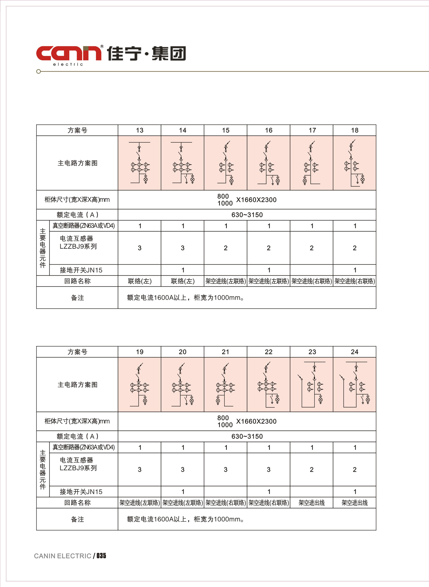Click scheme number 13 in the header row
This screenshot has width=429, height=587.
pyautogui.click(x=140, y=130)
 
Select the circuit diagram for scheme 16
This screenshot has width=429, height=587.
pyautogui.click(x=269, y=163)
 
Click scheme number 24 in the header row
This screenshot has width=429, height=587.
pyautogui.click(x=354, y=352)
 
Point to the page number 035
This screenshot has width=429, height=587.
pyautogui.click(x=101, y=556)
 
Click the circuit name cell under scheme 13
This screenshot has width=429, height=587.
pyautogui.click(x=140, y=281)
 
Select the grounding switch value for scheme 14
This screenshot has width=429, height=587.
pyautogui.click(x=183, y=270)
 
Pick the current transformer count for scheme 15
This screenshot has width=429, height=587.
pyautogui.click(x=226, y=248)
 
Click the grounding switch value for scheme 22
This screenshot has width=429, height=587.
pyautogui.click(x=269, y=492)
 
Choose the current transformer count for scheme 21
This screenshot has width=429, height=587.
pyautogui.click(x=226, y=470)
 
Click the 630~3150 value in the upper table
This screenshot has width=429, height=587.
pyautogui.click(x=247, y=215)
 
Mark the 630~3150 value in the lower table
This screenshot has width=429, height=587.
pyautogui.click(x=247, y=436)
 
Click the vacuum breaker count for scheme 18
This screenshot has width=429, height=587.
pyautogui.click(x=355, y=226)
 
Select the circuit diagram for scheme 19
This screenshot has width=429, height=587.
pyautogui.click(x=140, y=384)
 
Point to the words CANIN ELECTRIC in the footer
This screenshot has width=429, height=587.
pyautogui.click(x=63, y=556)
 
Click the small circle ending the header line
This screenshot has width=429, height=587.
pyautogui.click(x=39, y=71)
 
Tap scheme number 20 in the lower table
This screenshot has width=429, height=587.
pyautogui.click(x=183, y=352)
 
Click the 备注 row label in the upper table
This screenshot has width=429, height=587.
pyautogui.click(x=77, y=298)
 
